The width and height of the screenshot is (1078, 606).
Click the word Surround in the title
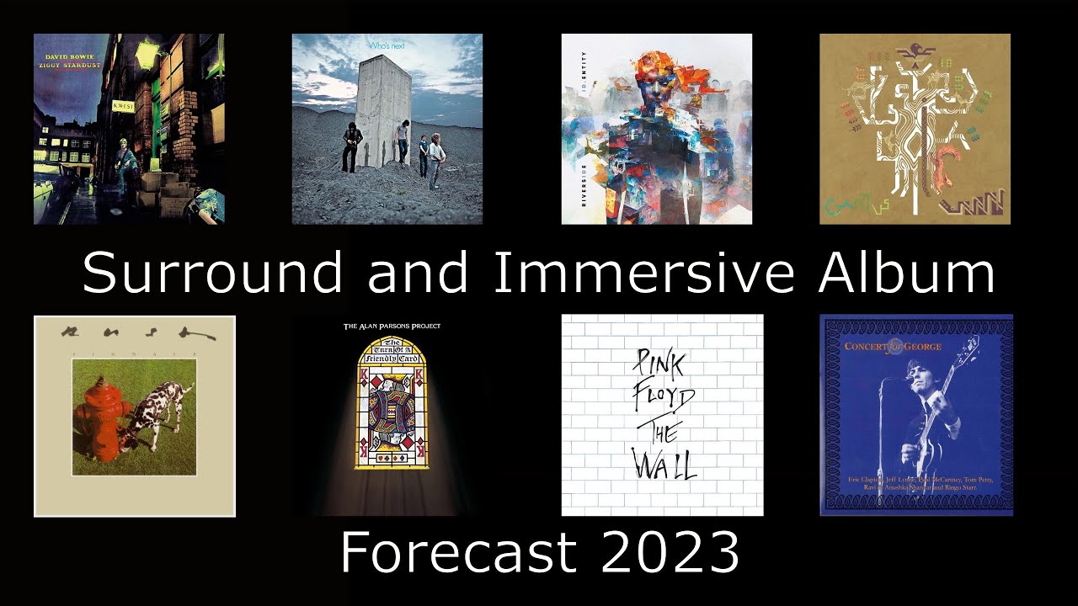click(212, 273)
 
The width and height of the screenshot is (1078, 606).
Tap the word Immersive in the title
click(642, 273)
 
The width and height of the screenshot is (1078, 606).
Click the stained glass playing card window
click(392, 407)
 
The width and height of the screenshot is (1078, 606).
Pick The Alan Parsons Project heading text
click(392, 326)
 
